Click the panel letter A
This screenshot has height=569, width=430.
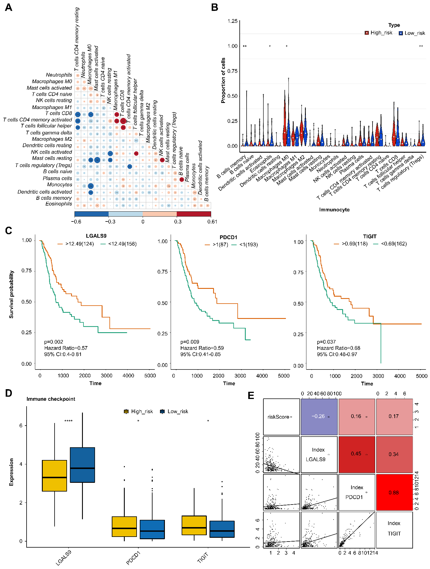9,7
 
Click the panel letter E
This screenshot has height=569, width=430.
251,395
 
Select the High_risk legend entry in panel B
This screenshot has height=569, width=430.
379,33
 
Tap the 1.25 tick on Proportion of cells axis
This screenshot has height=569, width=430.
232,21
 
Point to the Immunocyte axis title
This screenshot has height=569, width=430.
334,210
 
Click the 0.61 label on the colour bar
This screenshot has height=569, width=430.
212,221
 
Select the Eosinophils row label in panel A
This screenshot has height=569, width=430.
59,204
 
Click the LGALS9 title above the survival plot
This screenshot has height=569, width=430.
96,236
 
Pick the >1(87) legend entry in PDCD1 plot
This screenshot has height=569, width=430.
217,245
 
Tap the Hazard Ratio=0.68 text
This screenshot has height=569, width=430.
338,348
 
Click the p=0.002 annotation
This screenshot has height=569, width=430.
54,342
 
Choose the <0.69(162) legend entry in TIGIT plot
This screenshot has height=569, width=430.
390,244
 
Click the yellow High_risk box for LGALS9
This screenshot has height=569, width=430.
55,475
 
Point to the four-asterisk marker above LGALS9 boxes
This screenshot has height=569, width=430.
68,421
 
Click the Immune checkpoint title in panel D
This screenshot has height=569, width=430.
51,399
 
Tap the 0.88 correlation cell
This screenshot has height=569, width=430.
394,492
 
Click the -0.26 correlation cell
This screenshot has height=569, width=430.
319,416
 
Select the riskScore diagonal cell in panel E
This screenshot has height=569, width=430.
281,417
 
